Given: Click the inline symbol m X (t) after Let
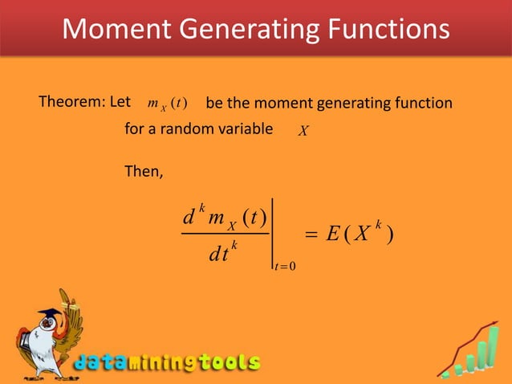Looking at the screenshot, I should click(x=166, y=104).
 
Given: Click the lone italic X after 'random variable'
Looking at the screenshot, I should click(x=303, y=130).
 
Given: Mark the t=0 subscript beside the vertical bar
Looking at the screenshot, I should click(x=286, y=278).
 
